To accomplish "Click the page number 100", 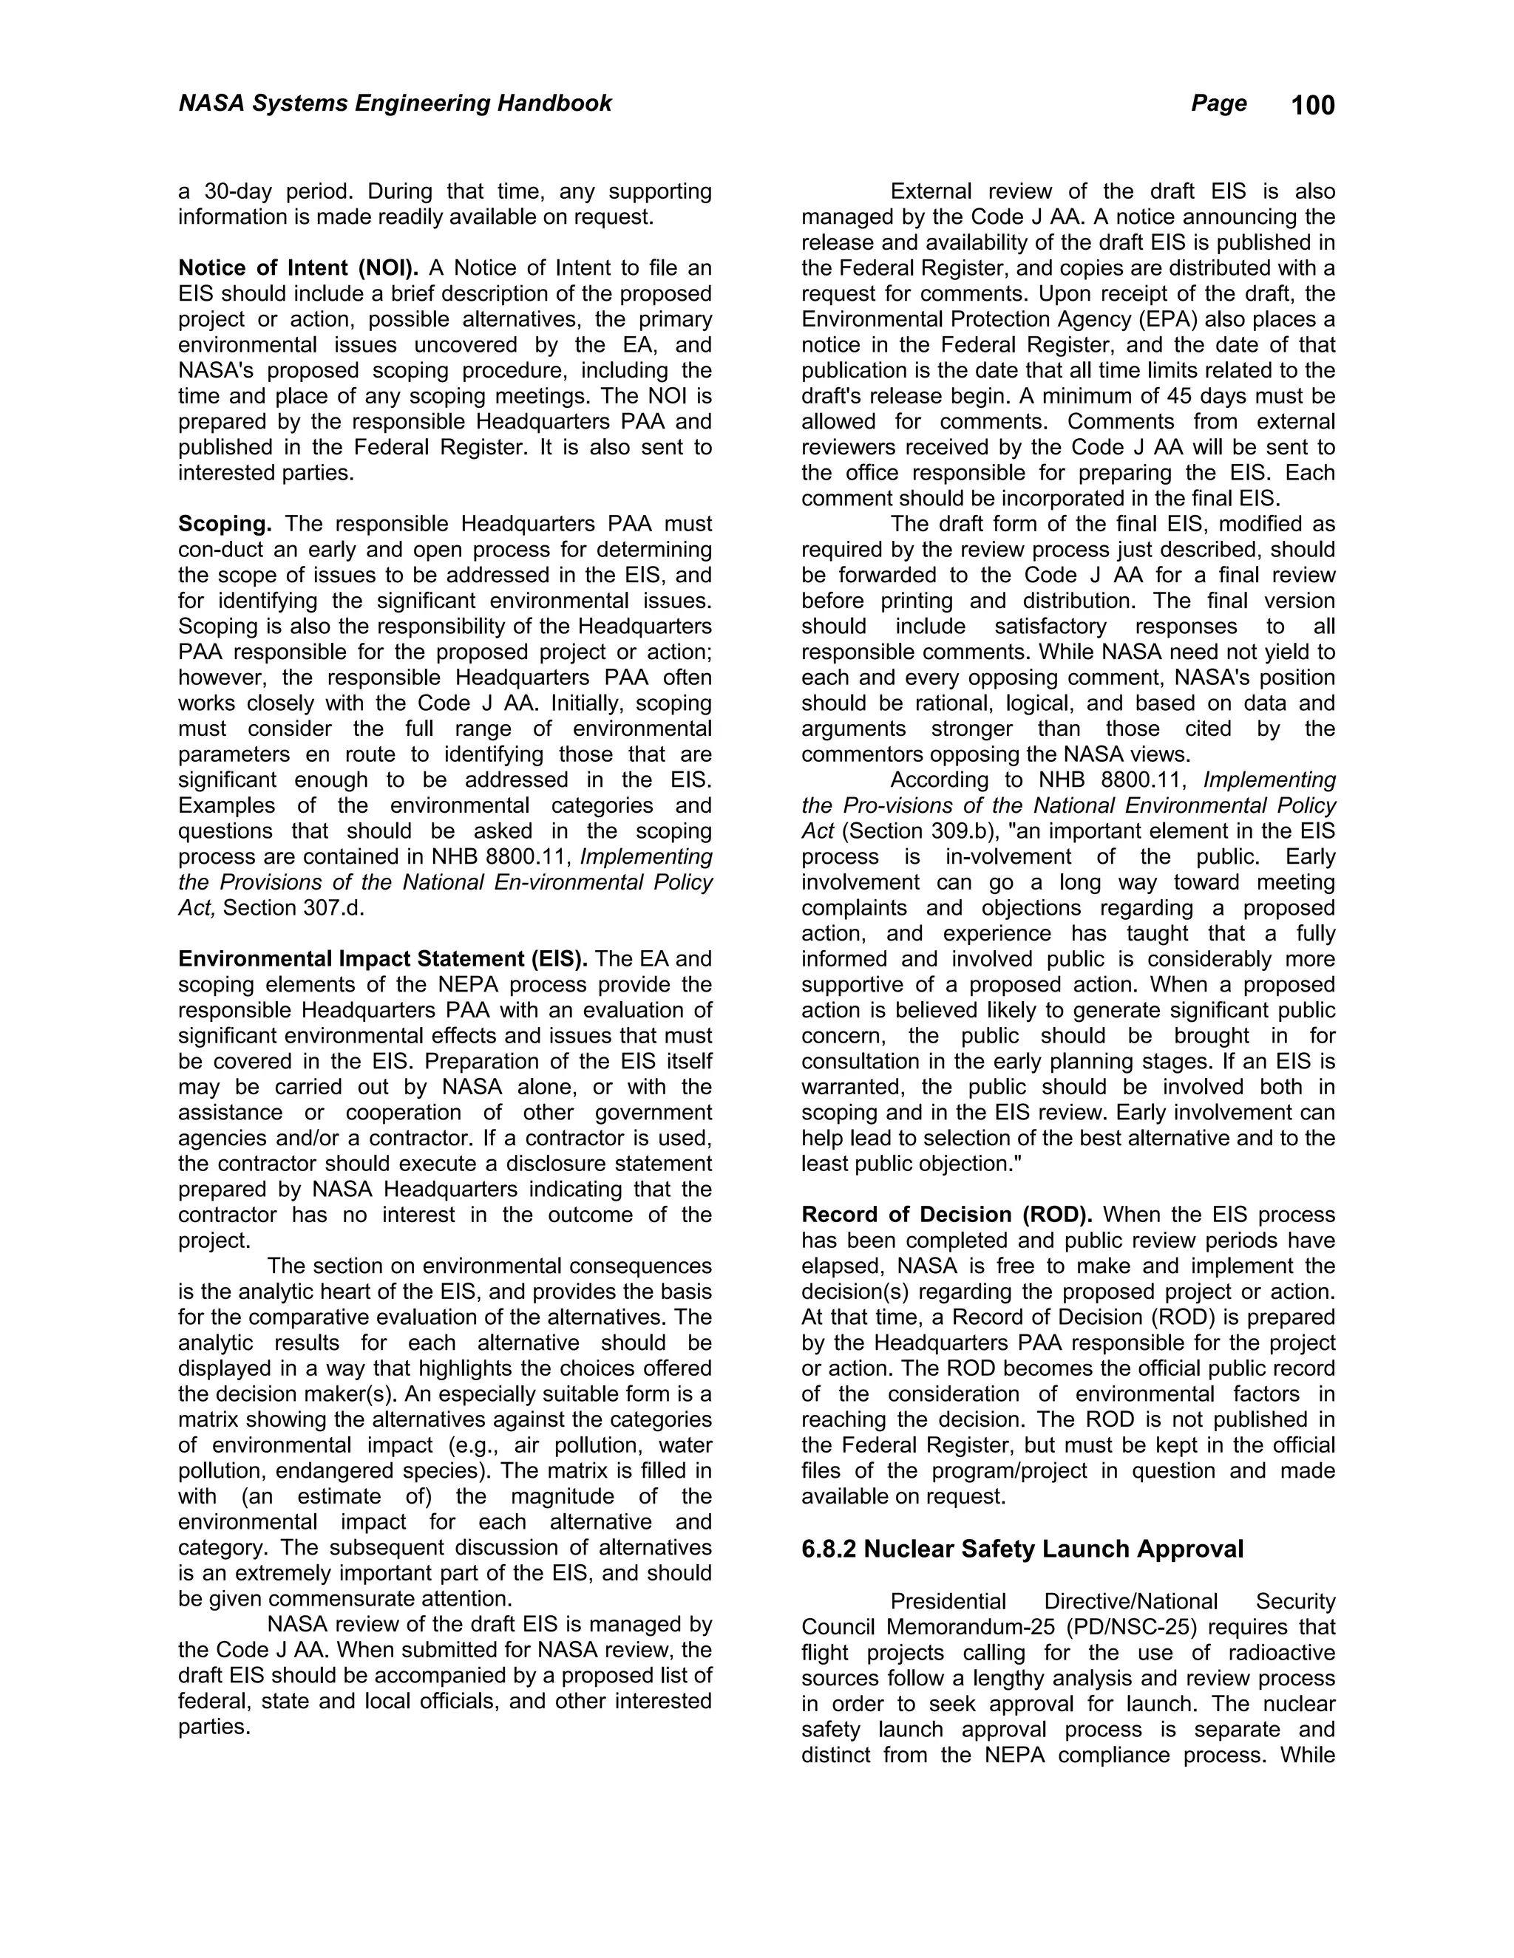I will [x=1312, y=106].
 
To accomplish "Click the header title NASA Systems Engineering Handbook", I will [x=395, y=103].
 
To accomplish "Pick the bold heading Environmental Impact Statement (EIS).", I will [x=383, y=959].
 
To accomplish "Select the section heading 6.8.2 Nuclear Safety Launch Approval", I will [x=1022, y=1549].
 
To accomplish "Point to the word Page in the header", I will [x=1218, y=103].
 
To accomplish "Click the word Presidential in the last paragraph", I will [x=948, y=1601].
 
